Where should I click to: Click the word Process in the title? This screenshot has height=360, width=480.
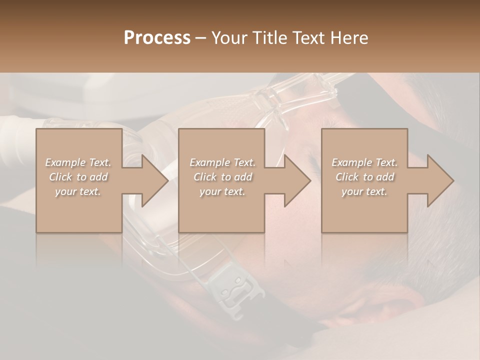[157, 37]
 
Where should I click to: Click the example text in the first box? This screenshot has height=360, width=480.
[78, 177]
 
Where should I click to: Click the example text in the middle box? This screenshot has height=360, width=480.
[221, 177]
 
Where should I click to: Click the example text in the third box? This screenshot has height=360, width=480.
[364, 177]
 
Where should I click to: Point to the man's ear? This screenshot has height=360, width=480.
[400, 305]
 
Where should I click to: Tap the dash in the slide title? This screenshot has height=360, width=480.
[201, 37]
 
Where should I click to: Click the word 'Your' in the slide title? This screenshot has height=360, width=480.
[227, 37]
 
